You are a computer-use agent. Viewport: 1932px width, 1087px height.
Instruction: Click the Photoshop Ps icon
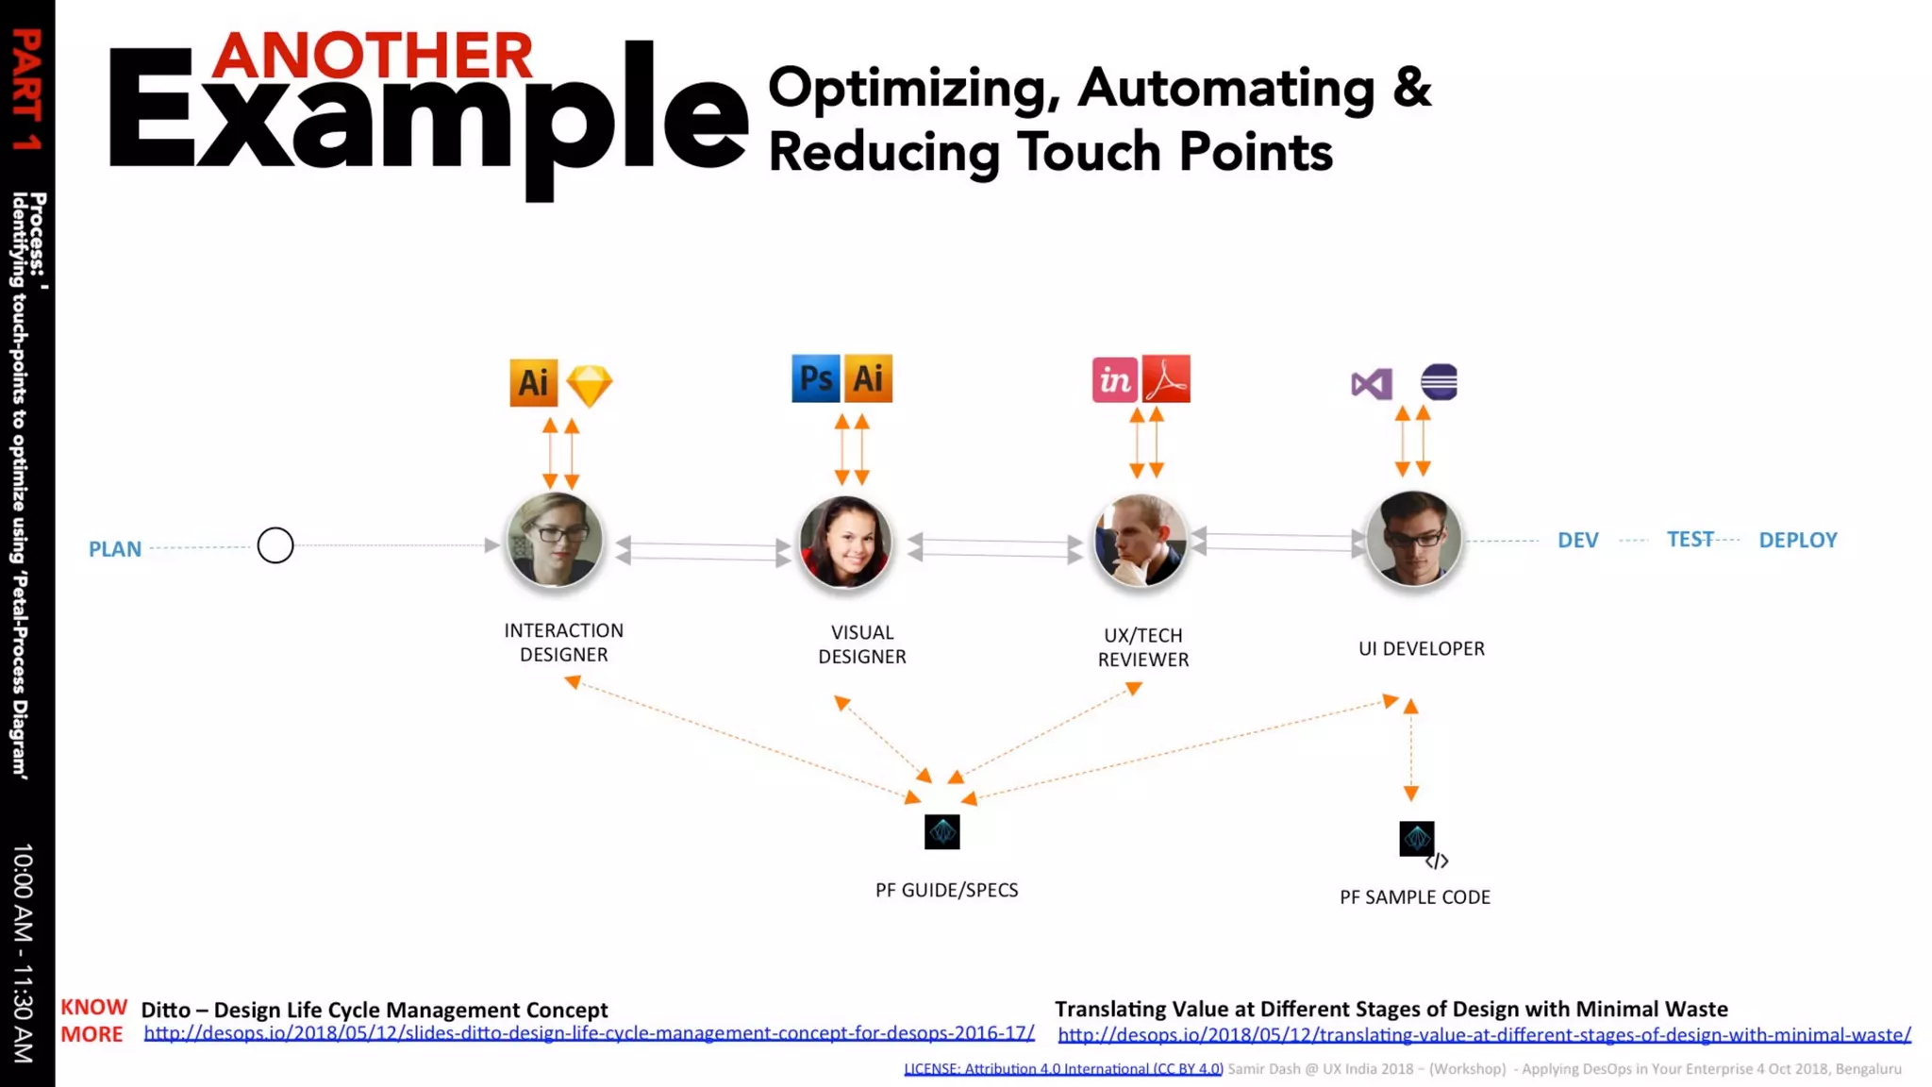pos(815,379)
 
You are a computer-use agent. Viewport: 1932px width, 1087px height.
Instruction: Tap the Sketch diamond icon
pos(590,385)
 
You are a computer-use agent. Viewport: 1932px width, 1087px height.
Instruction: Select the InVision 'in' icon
pos(1114,380)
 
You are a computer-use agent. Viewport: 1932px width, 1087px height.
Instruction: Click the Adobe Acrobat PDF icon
pos(1166,379)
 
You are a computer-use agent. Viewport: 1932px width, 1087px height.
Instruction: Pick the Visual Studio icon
pos(1371,384)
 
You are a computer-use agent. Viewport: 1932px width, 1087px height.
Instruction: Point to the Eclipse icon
pos(1439,382)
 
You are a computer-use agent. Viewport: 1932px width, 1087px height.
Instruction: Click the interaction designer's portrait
pos(555,541)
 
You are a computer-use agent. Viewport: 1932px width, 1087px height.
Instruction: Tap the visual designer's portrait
pos(845,543)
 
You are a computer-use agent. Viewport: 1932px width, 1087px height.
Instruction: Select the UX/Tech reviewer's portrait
pos(1140,541)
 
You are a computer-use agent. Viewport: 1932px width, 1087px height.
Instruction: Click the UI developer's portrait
pos(1413,539)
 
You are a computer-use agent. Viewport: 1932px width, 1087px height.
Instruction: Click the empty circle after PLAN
pos(275,545)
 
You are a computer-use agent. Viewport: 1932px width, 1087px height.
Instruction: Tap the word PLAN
pos(115,549)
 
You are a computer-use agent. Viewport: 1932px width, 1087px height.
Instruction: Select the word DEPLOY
pos(1797,541)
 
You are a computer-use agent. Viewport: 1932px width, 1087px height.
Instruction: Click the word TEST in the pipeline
pos(1690,539)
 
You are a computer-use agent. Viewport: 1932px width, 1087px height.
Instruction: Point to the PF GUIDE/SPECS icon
pos(941,832)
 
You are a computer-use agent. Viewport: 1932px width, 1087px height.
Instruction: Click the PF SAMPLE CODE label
pos(1414,897)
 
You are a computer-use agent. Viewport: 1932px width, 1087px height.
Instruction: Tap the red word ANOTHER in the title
pos(373,56)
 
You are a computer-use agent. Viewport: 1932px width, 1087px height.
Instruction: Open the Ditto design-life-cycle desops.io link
pos(589,1033)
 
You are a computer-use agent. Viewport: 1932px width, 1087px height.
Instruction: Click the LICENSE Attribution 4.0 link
pos(1063,1069)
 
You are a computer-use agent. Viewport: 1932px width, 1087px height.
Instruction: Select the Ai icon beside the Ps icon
pos(868,379)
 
